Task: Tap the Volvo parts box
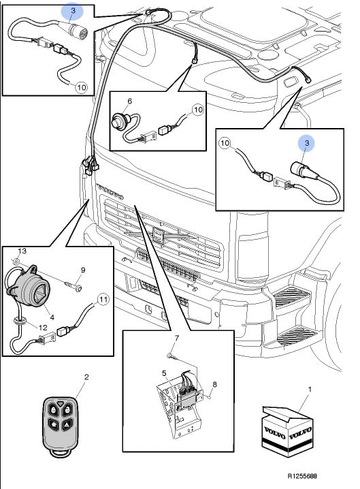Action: pyautogui.click(x=288, y=431)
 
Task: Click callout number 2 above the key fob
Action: pyautogui.click(x=86, y=377)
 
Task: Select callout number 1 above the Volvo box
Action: pyautogui.click(x=310, y=389)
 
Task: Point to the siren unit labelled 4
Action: pyautogui.click(x=29, y=285)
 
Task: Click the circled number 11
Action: pyautogui.click(x=103, y=300)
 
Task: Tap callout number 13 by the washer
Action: pyautogui.click(x=22, y=251)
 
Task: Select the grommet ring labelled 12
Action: pyautogui.click(x=20, y=321)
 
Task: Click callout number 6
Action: pyautogui.click(x=130, y=101)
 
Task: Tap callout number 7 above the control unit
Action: pyautogui.click(x=177, y=338)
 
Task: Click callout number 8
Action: pyautogui.click(x=214, y=385)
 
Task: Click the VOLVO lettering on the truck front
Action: pyautogui.click(x=110, y=191)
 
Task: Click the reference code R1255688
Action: pyautogui.click(x=302, y=476)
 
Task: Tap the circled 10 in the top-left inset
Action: pyautogui.click(x=81, y=87)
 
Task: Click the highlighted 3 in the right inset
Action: pyautogui.click(x=307, y=143)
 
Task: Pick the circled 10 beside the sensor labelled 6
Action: pyautogui.click(x=198, y=110)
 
